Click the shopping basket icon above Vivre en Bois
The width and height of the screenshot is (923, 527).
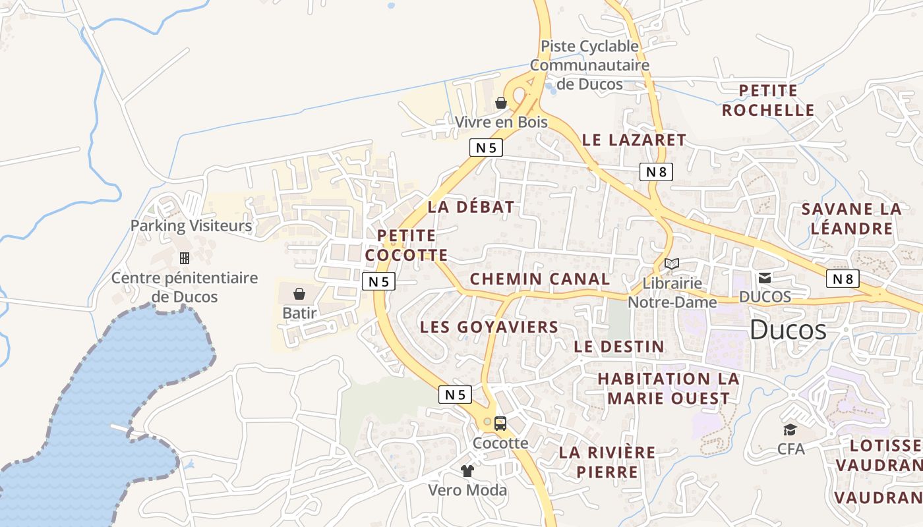[501, 103]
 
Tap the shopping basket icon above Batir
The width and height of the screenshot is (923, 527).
[299, 293]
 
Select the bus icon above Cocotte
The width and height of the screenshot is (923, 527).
[500, 424]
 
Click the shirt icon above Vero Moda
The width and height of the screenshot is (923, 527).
[467, 470]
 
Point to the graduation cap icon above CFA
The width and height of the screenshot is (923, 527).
[790, 430]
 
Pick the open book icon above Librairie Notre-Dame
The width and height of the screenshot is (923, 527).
[672, 264]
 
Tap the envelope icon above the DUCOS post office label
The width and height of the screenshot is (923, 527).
[765, 278]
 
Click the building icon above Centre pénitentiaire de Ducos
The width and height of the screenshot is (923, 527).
[185, 258]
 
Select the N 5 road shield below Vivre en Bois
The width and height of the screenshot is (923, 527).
[486, 148]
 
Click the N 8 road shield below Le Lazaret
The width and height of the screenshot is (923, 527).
[656, 172]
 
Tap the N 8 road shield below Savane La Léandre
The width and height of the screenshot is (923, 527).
[843, 279]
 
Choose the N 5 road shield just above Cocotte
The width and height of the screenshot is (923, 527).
[455, 395]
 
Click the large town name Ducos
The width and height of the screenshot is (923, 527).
[788, 329]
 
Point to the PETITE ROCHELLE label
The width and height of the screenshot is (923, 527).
[768, 100]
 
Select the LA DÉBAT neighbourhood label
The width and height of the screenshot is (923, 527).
[471, 207]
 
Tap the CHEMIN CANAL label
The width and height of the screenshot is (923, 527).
[540, 279]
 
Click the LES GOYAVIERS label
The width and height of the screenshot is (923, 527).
[489, 327]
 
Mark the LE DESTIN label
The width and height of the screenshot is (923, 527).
[619, 347]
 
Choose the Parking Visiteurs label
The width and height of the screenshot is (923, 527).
[191, 226]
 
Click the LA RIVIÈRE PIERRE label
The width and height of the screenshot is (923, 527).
[607, 462]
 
